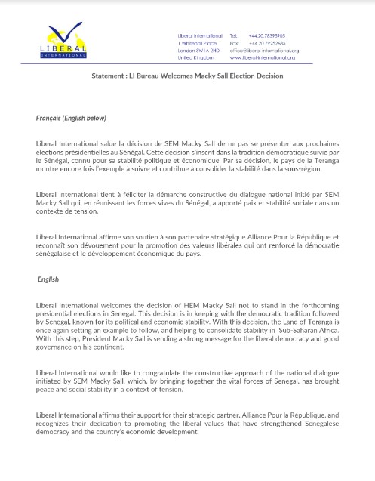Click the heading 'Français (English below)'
pyautogui.click(x=72, y=119)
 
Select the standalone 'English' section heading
pyautogui.click(x=49, y=279)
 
